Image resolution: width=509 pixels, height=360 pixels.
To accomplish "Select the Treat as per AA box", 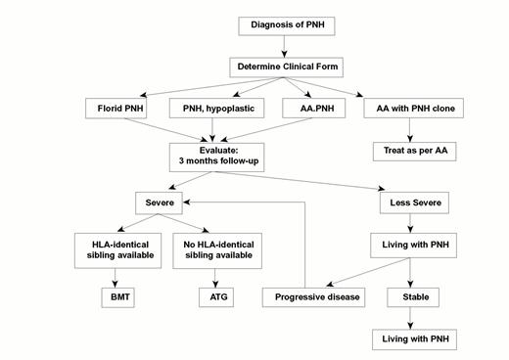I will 414,152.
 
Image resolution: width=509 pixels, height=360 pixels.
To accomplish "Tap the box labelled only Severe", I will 161,203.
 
